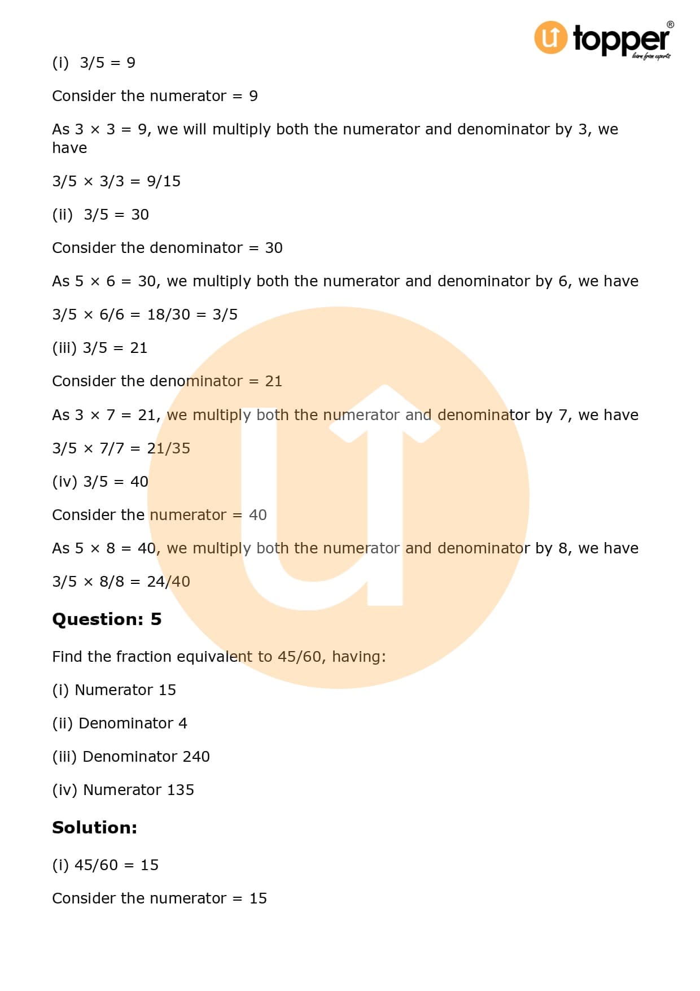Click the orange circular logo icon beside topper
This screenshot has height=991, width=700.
click(550, 37)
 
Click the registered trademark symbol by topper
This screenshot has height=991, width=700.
click(670, 25)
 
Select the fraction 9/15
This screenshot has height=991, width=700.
click(164, 181)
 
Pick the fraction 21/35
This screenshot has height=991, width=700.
click(168, 448)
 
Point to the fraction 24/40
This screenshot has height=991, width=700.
click(168, 582)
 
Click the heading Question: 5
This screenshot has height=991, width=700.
click(107, 619)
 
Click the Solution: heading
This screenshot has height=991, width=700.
click(94, 828)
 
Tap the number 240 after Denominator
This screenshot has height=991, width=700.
click(196, 757)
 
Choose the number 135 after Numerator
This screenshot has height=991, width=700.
click(180, 790)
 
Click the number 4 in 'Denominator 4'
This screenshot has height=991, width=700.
click(182, 723)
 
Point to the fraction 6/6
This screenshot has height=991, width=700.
click(111, 315)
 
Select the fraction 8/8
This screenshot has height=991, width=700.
click(111, 582)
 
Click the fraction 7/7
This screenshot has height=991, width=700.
click(111, 448)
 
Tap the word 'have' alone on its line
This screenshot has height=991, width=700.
click(69, 148)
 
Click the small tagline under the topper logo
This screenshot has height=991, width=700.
click(651, 56)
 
